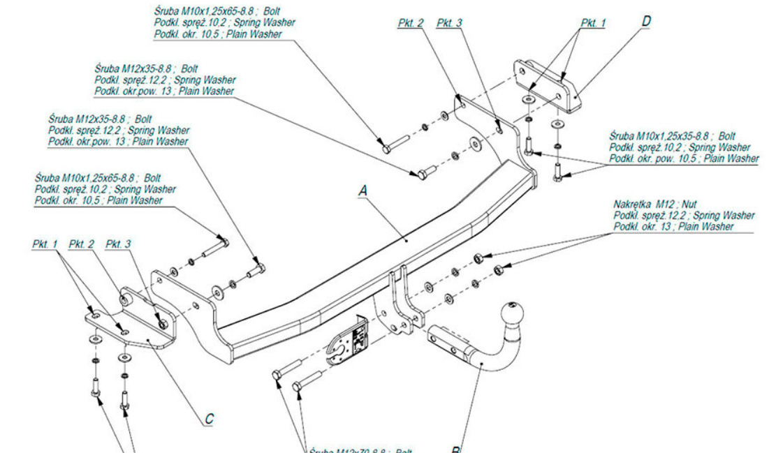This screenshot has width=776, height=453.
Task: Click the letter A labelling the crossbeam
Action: click(x=362, y=189)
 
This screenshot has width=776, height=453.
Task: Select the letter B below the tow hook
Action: click(x=455, y=449)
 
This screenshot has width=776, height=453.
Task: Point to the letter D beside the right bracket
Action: click(x=646, y=22)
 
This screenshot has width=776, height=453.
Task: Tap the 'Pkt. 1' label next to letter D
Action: click(x=593, y=23)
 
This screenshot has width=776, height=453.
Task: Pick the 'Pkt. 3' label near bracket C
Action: click(x=118, y=244)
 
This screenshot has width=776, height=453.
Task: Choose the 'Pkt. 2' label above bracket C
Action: click(x=82, y=244)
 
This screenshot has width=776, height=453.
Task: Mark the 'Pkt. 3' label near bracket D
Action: click(x=450, y=23)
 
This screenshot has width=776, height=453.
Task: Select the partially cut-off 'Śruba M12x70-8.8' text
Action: click(x=360, y=450)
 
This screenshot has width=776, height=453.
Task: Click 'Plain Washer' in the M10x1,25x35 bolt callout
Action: click(x=731, y=159)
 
